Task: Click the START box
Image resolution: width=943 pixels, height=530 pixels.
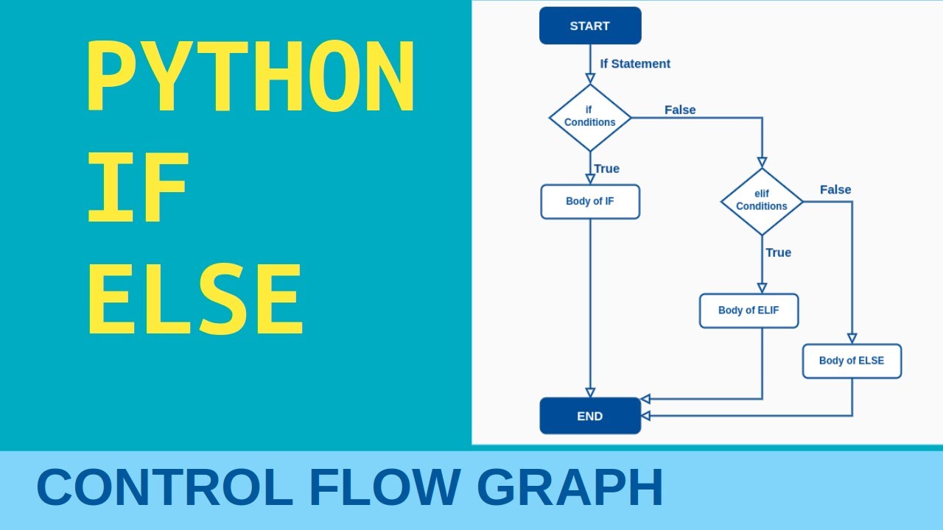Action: pyautogui.click(x=590, y=26)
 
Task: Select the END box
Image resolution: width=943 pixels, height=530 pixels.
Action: pyautogui.click(x=590, y=416)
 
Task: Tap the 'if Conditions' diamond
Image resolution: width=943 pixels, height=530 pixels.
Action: pyautogui.click(x=590, y=118)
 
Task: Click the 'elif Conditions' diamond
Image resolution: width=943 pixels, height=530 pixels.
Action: pyautogui.click(x=762, y=202)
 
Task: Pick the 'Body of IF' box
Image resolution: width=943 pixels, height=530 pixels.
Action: pyautogui.click(x=590, y=202)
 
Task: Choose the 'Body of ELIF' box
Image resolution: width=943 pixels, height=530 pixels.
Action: pyautogui.click(x=749, y=311)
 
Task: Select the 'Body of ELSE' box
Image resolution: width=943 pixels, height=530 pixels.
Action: pyautogui.click(x=852, y=361)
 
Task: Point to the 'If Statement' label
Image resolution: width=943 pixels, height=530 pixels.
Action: pyautogui.click(x=635, y=64)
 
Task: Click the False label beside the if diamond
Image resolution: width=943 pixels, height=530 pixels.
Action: pyautogui.click(x=680, y=110)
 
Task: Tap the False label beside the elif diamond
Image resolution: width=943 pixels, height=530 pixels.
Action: pyautogui.click(x=835, y=190)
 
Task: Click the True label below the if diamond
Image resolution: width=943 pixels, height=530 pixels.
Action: pyautogui.click(x=607, y=169)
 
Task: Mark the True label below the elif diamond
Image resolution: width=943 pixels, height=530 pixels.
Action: pyautogui.click(x=778, y=252)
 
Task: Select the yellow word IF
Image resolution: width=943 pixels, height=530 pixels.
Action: pyautogui.click(x=138, y=188)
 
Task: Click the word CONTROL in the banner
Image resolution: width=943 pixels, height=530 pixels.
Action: pyautogui.click(x=165, y=488)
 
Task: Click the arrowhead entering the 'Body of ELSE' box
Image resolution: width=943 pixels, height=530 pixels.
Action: pyautogui.click(x=852, y=339)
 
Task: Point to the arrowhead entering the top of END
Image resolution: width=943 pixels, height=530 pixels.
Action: pyautogui.click(x=590, y=392)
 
